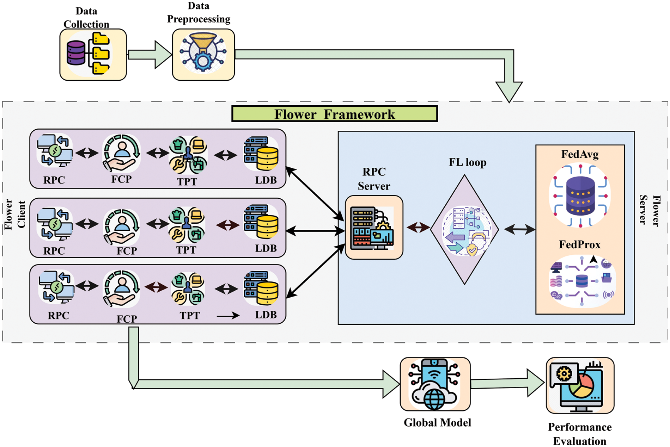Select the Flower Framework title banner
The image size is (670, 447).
click(x=334, y=114)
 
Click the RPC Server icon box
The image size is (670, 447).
click(x=374, y=228)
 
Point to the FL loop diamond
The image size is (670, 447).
click(x=465, y=230)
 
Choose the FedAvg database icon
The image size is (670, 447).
click(x=580, y=196)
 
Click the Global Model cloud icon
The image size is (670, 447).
click(x=435, y=384)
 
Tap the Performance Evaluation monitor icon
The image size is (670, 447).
click(x=580, y=386)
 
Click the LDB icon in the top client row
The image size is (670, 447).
click(x=261, y=154)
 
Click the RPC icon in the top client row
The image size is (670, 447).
click(x=55, y=150)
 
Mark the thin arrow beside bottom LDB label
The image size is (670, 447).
click(x=228, y=316)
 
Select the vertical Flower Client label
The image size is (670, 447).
click(x=15, y=214)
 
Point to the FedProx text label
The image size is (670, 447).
click(x=579, y=244)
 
